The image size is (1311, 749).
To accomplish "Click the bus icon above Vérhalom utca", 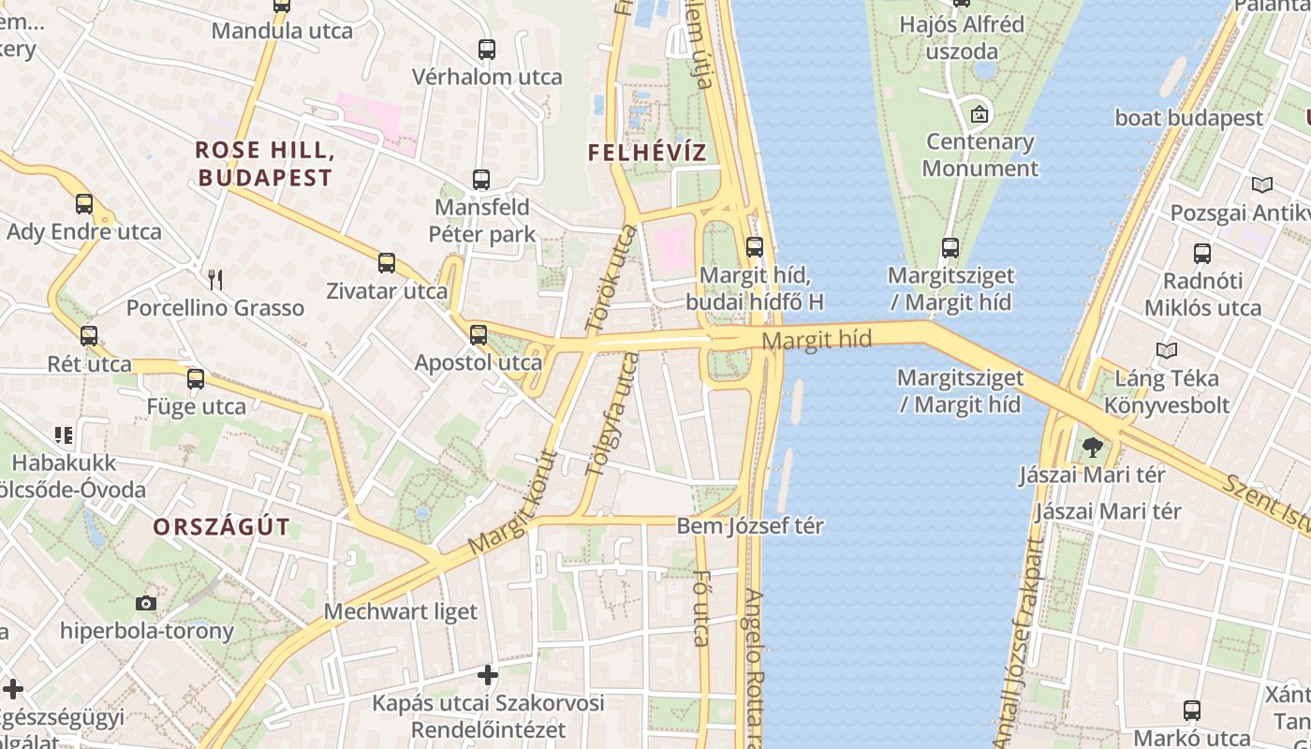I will coord(486,50).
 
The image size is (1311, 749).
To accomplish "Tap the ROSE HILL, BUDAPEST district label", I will coord(265,164).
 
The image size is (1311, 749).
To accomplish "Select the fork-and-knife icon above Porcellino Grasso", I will coord(215,279).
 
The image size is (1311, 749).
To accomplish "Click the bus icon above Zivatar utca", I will coord(387,263).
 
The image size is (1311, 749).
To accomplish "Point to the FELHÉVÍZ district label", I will coord(647,153).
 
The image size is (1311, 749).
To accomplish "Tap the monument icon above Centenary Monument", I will coord(980,114).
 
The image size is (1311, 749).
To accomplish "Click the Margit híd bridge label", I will coord(817,339).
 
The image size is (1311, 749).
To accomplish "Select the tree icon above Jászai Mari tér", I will coord(1092,448).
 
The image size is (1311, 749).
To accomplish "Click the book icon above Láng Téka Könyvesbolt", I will coord(1166,351).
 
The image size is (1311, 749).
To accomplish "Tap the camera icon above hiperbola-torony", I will coord(146,603).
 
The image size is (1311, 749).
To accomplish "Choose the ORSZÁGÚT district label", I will coord(221,526).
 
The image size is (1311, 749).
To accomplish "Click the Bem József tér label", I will coord(750,526).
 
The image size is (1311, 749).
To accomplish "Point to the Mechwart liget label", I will coord(401,611).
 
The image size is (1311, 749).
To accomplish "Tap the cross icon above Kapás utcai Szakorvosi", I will coord(488,674).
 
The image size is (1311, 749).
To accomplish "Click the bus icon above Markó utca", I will coord(1191,711).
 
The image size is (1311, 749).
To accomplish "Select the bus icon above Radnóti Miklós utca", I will coord(1202,253).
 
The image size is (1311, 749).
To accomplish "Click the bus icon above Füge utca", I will coord(196,379).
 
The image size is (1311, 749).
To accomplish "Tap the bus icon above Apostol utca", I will coord(479,334).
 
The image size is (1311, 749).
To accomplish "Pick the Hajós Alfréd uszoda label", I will coord(962,37).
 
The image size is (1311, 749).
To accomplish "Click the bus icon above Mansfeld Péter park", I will coord(481,179).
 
